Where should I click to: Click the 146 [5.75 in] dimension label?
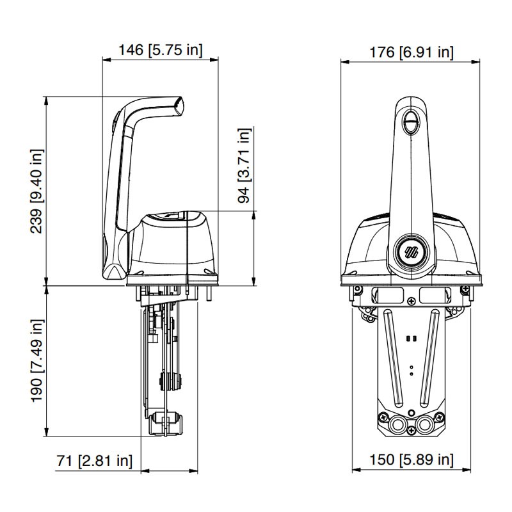coord(161,50)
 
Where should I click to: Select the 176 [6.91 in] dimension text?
coord(411,52)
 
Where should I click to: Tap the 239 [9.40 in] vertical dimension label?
coord(37,191)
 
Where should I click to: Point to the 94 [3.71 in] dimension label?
coord(244,166)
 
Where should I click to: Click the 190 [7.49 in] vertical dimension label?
coord(37,361)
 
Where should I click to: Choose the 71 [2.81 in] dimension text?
coord(95,461)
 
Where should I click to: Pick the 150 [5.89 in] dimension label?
coord(411,460)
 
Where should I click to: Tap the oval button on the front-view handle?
coord(410,122)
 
